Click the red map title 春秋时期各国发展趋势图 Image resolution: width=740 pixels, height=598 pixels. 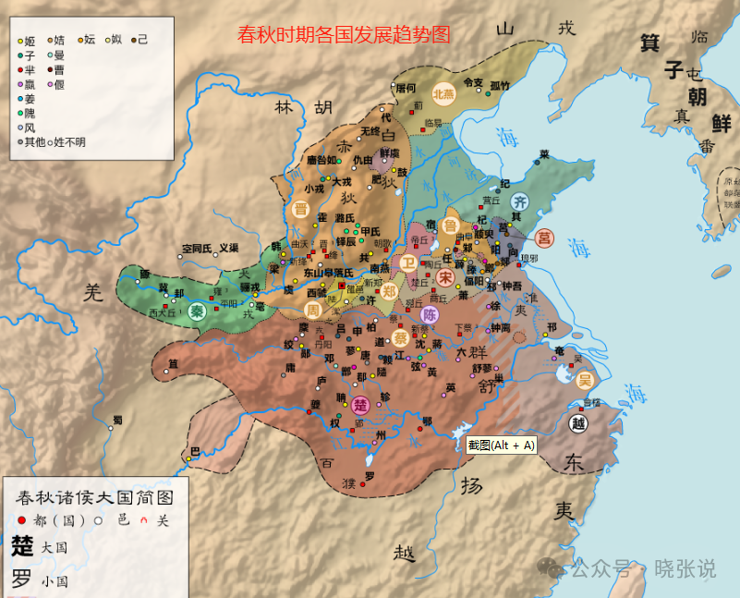344,35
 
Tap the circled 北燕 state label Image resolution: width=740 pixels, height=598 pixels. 444,93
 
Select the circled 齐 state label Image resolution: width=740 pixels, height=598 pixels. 521,201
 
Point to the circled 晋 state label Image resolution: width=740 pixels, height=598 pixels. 300,209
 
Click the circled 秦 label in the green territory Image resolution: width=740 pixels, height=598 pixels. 197,311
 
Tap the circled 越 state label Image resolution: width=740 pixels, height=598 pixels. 578,423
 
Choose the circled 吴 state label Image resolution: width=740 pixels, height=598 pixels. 584,379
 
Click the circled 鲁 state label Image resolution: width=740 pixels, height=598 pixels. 451,225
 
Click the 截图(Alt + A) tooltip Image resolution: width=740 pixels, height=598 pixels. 500,445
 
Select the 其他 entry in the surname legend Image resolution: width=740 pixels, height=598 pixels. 34,141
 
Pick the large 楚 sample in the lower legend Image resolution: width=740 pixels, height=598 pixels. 22,546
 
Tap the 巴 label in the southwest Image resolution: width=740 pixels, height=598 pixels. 193,452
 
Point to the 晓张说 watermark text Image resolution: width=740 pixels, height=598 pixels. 685,568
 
